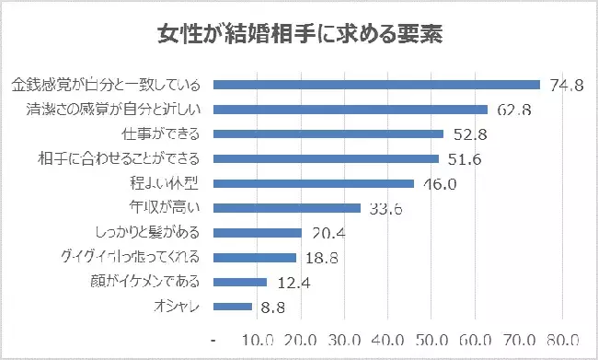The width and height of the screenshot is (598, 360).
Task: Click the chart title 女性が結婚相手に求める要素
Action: tap(299, 35)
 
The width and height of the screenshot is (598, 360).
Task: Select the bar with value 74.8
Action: tap(376, 85)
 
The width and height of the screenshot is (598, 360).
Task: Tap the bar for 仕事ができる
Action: tap(328, 134)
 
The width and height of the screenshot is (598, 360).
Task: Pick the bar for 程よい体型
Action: tap(314, 183)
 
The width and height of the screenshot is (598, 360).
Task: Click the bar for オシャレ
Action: tap(233, 306)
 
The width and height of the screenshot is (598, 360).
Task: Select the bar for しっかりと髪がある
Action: tap(258, 232)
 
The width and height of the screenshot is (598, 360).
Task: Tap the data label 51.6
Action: tap(466, 159)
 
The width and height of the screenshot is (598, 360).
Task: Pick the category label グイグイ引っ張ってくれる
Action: tap(135, 257)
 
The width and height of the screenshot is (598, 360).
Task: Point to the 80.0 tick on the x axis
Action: tap(562, 337)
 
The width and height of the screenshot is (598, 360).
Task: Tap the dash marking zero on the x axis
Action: tap(213, 338)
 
